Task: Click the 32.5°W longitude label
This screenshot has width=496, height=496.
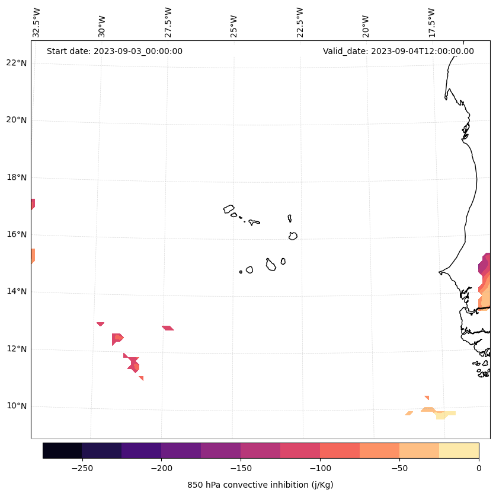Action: point(36,23)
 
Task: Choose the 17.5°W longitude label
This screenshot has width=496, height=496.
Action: point(432,23)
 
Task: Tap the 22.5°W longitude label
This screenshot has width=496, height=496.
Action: point(300,23)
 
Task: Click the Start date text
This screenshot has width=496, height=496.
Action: point(114,51)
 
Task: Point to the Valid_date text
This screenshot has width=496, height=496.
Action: point(398,51)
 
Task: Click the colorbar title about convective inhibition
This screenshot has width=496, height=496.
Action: point(260,485)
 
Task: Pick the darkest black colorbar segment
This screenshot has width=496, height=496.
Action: point(62,450)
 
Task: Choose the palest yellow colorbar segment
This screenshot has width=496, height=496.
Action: point(459,450)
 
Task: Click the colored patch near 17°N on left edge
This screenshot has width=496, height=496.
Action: point(33,204)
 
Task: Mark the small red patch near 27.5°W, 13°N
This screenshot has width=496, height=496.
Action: point(168,328)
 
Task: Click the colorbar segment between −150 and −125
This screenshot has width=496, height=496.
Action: point(260,450)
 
